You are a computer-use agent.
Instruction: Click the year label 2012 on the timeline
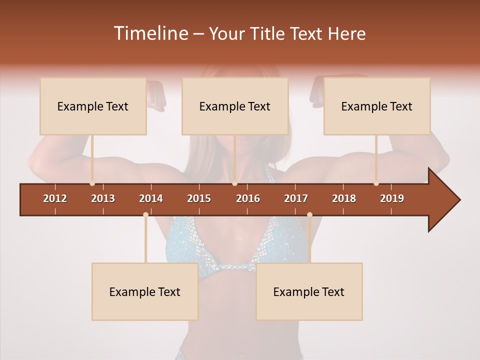click(x=55, y=198)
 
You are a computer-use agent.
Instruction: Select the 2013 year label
click(x=103, y=198)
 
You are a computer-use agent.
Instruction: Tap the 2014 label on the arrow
click(x=151, y=198)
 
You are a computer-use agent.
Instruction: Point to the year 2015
click(x=199, y=198)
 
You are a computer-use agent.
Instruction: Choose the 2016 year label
click(x=248, y=198)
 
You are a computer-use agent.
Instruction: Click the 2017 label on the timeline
click(x=296, y=198)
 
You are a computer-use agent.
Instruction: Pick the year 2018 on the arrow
click(x=344, y=198)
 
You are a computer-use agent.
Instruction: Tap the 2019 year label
click(x=392, y=198)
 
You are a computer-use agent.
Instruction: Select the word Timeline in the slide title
click(x=150, y=33)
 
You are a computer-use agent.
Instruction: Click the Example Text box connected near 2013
click(x=93, y=106)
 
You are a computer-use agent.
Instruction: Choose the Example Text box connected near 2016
click(x=235, y=106)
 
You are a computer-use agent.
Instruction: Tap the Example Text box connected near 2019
click(x=377, y=106)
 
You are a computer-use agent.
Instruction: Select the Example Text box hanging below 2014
click(x=145, y=292)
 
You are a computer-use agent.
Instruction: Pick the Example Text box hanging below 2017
click(x=309, y=292)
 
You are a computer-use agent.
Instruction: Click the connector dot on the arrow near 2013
click(x=92, y=183)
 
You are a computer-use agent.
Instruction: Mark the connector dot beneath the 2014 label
click(x=145, y=215)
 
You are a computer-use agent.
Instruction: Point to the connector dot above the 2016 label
click(x=234, y=183)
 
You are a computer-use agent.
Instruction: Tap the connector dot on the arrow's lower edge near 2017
click(x=309, y=215)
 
